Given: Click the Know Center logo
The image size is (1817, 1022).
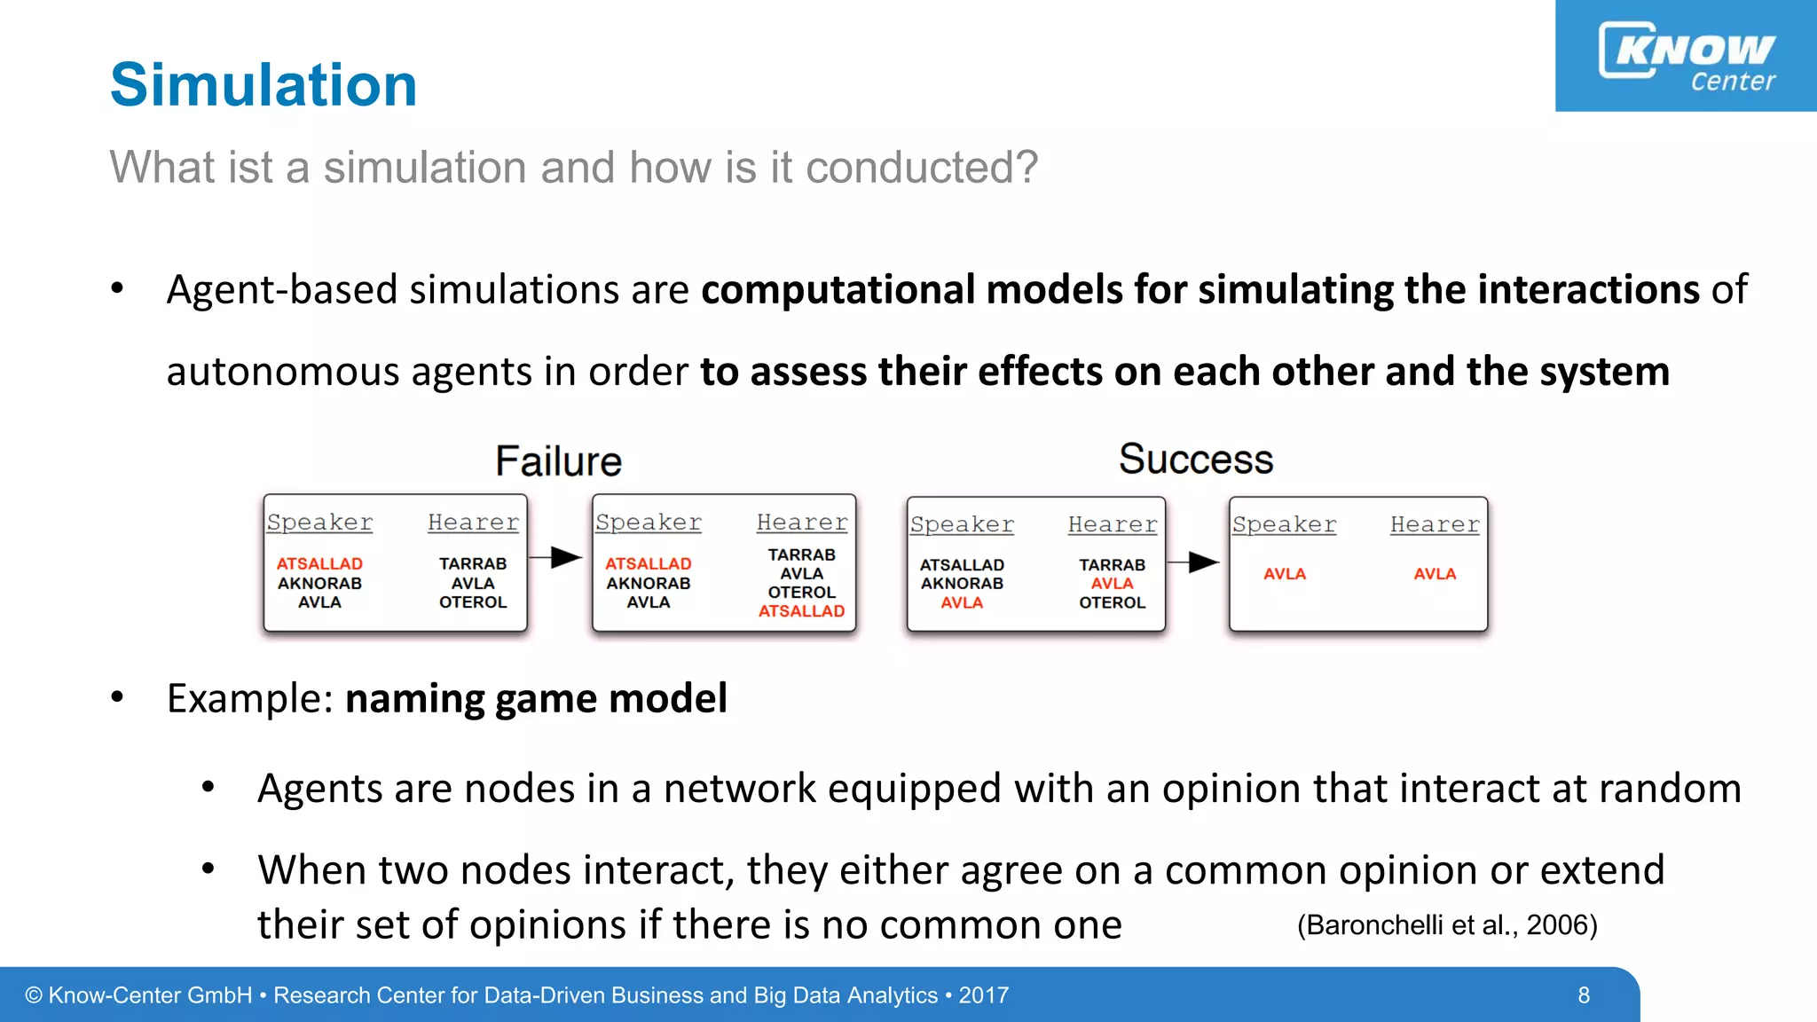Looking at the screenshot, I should [x=1686, y=56].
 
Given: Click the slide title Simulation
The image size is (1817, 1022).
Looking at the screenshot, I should [x=264, y=85].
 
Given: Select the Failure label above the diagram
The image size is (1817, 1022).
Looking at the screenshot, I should [x=558, y=461].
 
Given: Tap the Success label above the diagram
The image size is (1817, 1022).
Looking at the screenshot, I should [x=1195, y=460].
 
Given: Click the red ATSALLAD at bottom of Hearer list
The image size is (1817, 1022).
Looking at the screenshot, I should [x=801, y=610].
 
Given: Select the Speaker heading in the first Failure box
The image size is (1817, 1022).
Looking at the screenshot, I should [x=319, y=523].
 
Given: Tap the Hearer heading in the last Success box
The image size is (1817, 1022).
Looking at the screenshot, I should [x=1435, y=524].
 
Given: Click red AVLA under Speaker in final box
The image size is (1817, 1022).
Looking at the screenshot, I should [x=1285, y=574].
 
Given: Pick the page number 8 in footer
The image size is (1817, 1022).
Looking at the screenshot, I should [x=1584, y=995].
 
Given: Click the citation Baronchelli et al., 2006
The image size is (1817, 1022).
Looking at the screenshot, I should [x=1447, y=925].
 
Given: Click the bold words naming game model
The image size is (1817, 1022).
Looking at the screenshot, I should [x=536, y=698].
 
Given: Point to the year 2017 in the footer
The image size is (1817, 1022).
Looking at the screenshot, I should [x=983, y=995].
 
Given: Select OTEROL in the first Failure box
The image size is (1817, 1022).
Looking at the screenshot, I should [x=473, y=602].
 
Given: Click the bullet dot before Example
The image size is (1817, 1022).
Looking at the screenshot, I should [x=117, y=697].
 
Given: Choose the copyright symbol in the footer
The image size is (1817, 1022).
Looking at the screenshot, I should [x=34, y=995].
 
